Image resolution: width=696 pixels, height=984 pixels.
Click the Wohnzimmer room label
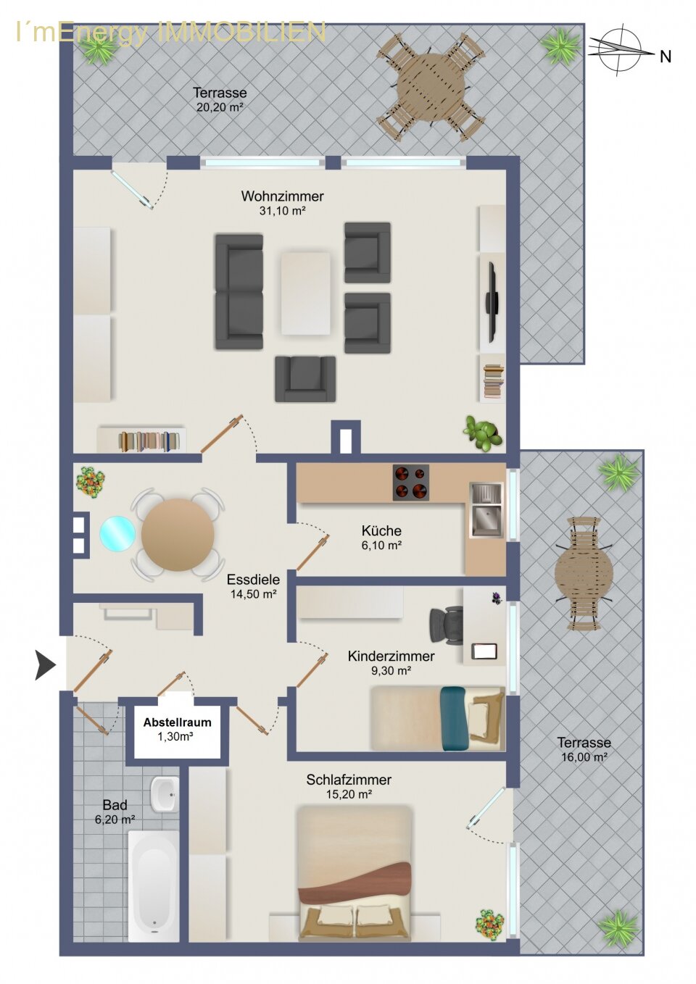(x=282, y=196)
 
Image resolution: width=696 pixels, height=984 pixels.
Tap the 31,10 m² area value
(x=282, y=211)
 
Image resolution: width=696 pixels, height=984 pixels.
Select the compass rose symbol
(x=620, y=50)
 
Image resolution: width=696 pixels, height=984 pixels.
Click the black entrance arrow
(x=45, y=666)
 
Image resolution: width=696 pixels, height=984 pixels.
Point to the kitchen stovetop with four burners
(x=410, y=483)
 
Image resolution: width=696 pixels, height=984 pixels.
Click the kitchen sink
(x=486, y=509)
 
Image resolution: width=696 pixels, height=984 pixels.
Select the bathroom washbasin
(x=165, y=795)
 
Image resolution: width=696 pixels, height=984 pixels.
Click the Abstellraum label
(x=177, y=722)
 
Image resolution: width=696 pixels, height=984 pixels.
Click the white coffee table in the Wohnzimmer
(x=305, y=293)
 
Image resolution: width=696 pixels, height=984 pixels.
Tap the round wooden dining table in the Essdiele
(x=178, y=535)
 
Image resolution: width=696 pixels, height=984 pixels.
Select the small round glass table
(x=117, y=533)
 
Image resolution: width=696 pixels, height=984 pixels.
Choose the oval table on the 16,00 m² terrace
(x=584, y=574)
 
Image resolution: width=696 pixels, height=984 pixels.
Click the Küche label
(x=381, y=530)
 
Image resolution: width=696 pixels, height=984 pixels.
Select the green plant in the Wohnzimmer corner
(x=483, y=433)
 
